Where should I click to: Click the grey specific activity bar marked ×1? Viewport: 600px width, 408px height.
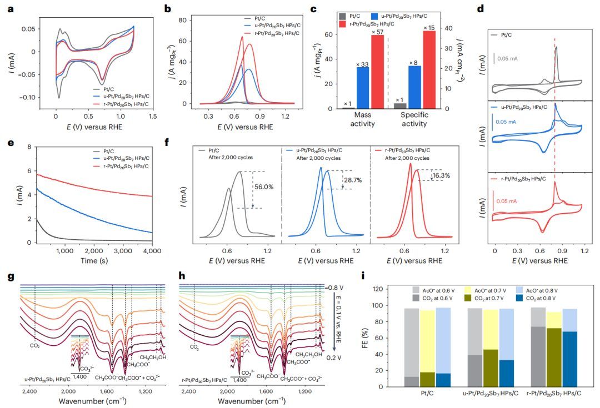coord(400,105)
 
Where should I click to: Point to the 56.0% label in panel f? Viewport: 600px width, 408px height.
coord(264,187)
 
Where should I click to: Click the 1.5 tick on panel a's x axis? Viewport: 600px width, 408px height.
coord(153,117)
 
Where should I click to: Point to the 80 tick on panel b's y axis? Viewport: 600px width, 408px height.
coord(191,20)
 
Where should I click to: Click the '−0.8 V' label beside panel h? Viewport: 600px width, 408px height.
coord(333,288)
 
